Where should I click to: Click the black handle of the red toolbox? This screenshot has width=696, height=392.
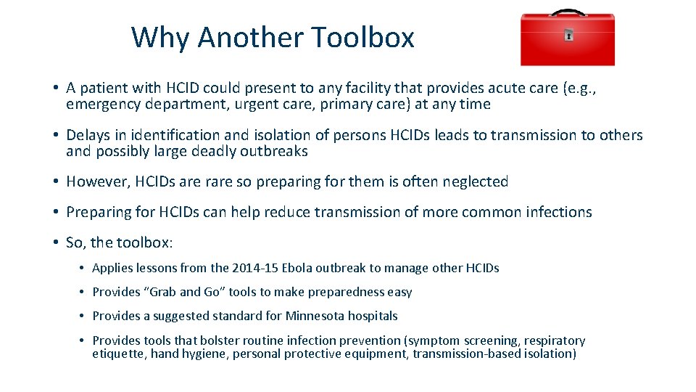click(567, 12)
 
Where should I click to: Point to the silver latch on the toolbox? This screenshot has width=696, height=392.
click(568, 34)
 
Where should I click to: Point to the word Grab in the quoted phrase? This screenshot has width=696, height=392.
click(162, 292)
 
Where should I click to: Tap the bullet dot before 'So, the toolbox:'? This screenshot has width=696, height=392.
click(56, 243)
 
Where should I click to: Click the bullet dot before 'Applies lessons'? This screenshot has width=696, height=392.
click(83, 269)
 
